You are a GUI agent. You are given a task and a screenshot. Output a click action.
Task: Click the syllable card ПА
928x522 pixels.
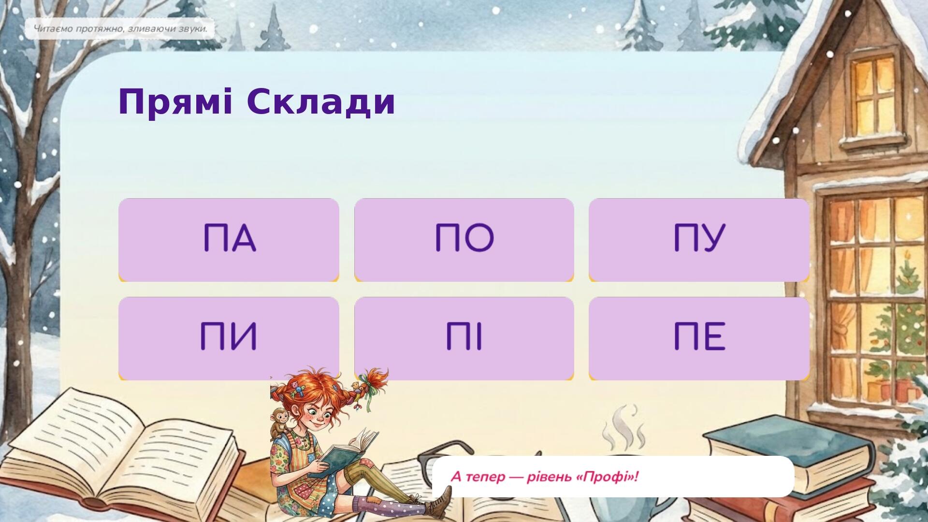229,240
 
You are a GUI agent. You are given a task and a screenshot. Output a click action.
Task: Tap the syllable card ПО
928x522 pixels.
464,240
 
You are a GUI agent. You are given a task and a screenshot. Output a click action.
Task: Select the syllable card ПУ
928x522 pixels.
699,240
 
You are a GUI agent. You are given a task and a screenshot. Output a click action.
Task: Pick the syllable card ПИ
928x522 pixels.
229,338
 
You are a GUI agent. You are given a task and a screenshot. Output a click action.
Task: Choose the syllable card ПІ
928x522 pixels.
464,338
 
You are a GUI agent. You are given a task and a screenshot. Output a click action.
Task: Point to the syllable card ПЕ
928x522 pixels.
699,338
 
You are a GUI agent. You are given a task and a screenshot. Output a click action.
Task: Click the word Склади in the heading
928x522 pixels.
321,102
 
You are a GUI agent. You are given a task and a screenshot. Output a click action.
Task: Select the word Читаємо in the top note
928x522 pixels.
53,29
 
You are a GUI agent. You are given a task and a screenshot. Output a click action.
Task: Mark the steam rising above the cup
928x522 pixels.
624,428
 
